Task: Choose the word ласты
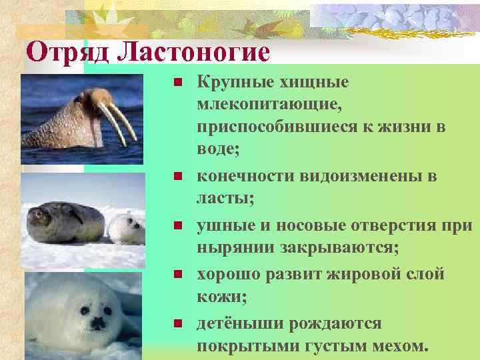[x=217, y=198]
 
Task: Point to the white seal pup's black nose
[x=98, y=323]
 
